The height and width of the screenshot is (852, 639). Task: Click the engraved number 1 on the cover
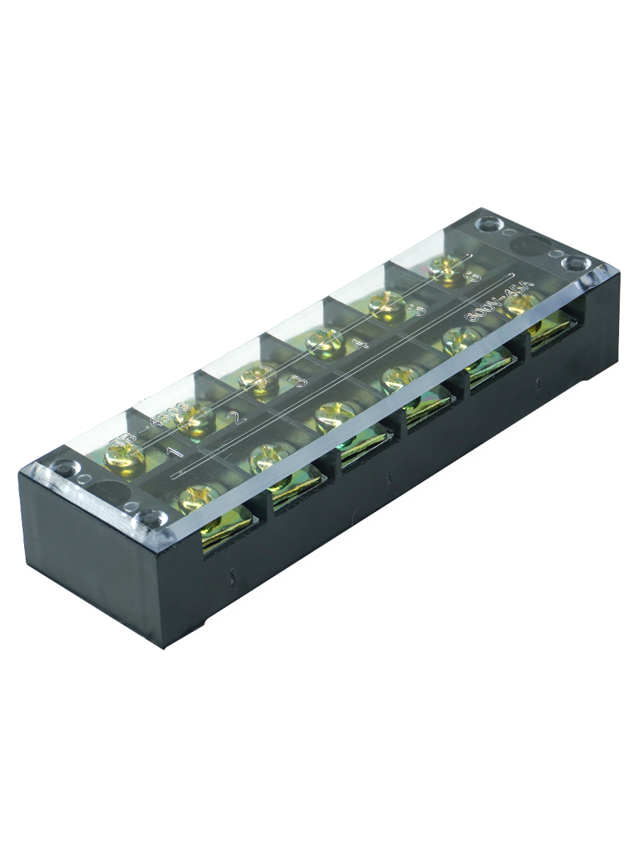pos(173,450)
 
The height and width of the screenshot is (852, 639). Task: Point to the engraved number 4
pos(360,346)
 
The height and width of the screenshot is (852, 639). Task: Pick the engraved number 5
pos(418,310)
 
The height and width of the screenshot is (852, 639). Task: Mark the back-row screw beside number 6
pos(447,270)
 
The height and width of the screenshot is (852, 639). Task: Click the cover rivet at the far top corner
pos(489,225)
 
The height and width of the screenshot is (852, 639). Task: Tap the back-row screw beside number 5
pos(388,305)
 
